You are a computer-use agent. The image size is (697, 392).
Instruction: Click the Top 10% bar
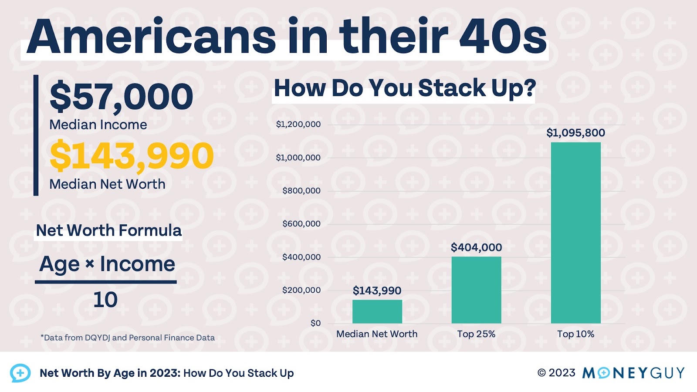pyautogui.click(x=575, y=233)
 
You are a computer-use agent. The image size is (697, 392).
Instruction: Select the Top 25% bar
pyautogui.click(x=476, y=290)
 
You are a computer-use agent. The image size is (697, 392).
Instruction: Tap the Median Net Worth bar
pyautogui.click(x=377, y=311)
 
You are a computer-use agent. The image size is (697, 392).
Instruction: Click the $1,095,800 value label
pyautogui.click(x=575, y=133)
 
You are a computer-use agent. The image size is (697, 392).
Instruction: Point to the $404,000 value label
pyautogui.click(x=476, y=247)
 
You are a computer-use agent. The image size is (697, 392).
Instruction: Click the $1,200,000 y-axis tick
pyautogui.click(x=298, y=125)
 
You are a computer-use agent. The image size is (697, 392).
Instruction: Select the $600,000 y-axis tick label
pyautogui.click(x=301, y=224)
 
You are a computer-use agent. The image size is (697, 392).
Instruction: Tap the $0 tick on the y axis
pyautogui.click(x=315, y=323)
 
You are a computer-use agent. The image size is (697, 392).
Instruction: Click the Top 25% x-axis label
pyautogui.click(x=476, y=334)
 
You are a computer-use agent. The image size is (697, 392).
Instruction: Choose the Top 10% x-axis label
pyautogui.click(x=575, y=334)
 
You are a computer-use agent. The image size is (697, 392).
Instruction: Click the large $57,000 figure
pyautogui.click(x=122, y=97)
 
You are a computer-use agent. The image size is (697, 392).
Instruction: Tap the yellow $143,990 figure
pyautogui.click(x=132, y=156)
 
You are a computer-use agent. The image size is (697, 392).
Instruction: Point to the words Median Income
pyautogui.click(x=98, y=125)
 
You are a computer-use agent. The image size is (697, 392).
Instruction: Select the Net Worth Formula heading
pyautogui.click(x=108, y=230)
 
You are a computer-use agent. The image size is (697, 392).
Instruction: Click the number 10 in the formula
pyautogui.click(x=105, y=300)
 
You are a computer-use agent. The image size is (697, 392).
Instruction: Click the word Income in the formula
pyautogui.click(x=138, y=264)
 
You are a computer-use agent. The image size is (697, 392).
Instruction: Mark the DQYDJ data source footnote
pyautogui.click(x=128, y=338)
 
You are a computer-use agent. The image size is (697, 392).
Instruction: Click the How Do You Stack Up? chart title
pyautogui.click(x=405, y=88)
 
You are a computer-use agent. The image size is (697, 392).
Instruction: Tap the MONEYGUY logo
pyautogui.click(x=633, y=373)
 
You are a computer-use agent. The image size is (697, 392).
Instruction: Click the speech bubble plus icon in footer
pyautogui.click(x=20, y=373)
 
